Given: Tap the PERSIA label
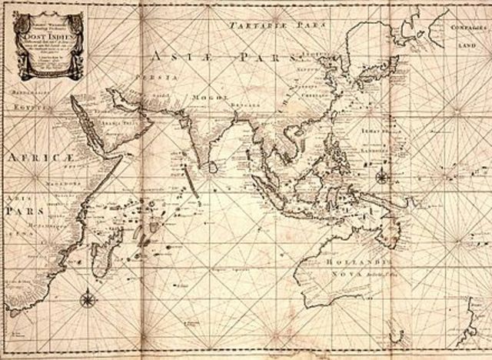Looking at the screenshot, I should click(x=147, y=78).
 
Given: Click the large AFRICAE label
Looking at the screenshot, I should click(x=28, y=157).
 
